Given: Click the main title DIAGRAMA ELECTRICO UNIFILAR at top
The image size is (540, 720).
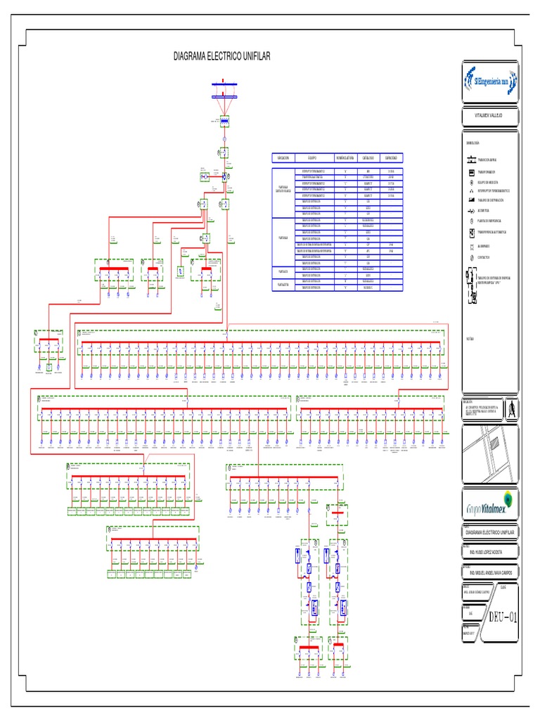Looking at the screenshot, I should (221, 56).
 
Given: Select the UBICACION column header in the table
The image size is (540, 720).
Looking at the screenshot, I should (283, 157).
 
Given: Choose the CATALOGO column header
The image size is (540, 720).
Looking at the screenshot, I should (368, 157).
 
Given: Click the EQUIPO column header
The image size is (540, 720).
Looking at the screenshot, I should (313, 157).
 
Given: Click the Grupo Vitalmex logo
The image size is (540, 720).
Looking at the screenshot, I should (490, 504).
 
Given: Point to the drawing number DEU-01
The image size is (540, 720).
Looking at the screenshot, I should (503, 619).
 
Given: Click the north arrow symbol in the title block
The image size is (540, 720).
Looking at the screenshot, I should (511, 408).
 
